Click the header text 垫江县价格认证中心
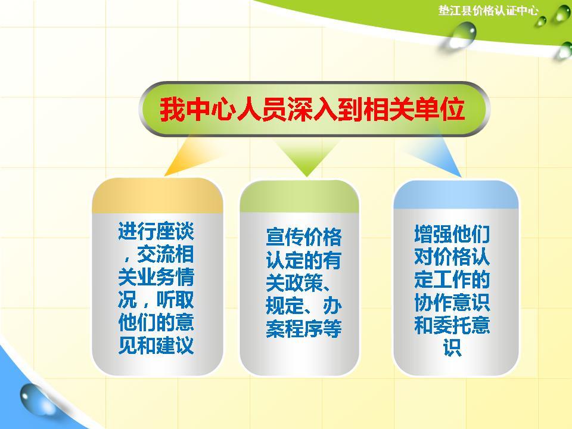[488, 11]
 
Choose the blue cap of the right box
[456, 194]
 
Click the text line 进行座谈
[157, 232]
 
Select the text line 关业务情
[157, 278]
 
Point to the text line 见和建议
[157, 346]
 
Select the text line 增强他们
[452, 234]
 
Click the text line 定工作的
[452, 279]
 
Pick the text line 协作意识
[452, 302]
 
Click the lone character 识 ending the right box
[452, 348]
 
